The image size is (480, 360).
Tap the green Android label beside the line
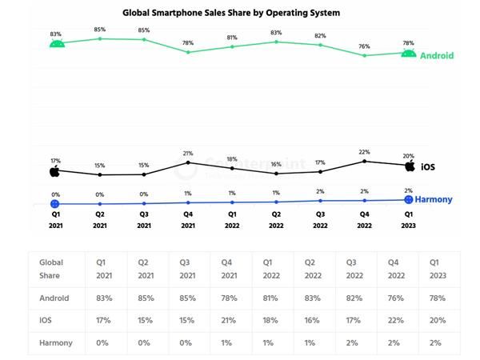437,56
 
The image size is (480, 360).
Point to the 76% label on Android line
365,46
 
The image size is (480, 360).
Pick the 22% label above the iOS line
365,152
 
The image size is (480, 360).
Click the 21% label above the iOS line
188,154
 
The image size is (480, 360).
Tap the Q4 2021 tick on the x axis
188,219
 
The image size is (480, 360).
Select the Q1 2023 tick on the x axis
409,219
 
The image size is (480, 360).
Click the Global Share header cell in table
51,269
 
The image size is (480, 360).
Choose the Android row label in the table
54,298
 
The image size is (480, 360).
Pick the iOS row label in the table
47,320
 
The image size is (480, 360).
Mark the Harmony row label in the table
56,342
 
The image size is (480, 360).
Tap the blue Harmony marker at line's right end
409,199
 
